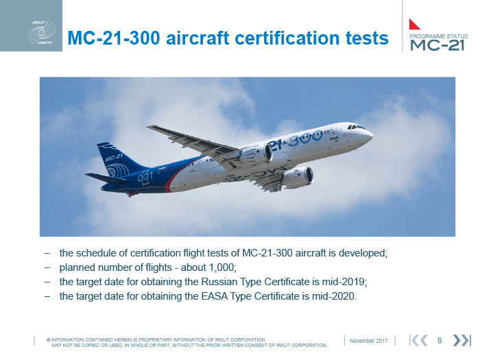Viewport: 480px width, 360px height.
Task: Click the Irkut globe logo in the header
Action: click(42, 33)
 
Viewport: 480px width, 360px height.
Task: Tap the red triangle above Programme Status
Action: click(414, 24)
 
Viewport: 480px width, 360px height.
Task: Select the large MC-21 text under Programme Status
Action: click(437, 45)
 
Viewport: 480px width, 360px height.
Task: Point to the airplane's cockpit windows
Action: click(355, 126)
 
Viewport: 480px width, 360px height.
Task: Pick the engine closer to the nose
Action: click(298, 177)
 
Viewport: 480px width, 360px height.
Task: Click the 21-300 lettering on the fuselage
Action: click(296, 140)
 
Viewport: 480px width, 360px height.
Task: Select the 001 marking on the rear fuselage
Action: click(145, 177)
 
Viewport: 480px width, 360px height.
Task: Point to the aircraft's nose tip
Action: click(372, 134)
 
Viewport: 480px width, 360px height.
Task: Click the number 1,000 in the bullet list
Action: click(221, 267)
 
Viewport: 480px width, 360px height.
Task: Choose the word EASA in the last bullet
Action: click(214, 296)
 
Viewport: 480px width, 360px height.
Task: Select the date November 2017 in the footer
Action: click(369, 341)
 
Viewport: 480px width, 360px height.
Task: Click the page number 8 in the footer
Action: click(440, 340)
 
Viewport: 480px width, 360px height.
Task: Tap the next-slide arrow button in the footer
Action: click(461, 340)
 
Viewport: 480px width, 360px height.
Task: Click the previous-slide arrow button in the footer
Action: click(418, 340)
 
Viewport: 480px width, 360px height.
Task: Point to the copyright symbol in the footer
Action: click(49, 340)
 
